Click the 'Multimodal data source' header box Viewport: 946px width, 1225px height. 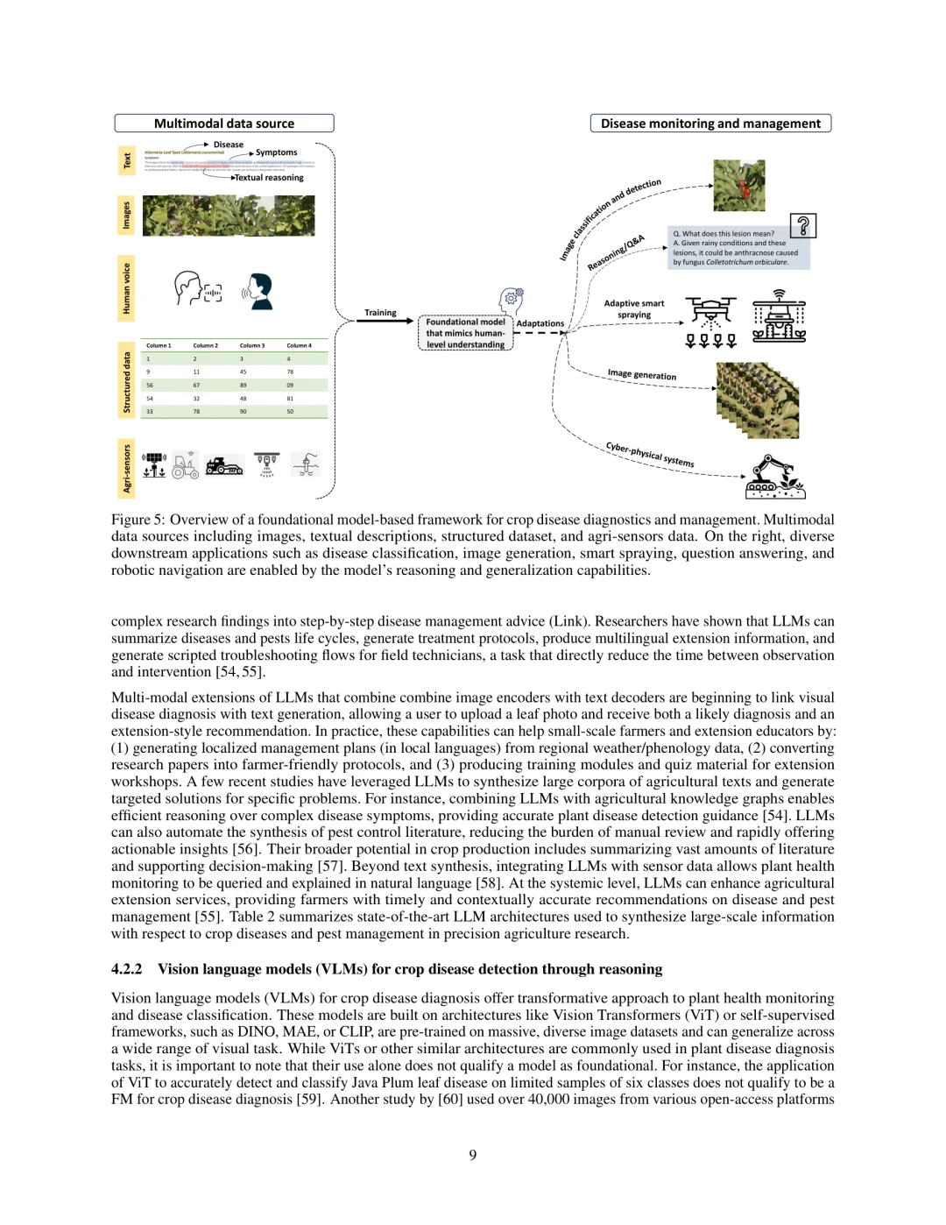pos(224,124)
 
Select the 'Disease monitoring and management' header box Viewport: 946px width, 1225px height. pos(710,124)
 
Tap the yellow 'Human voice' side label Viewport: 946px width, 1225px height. pos(126,288)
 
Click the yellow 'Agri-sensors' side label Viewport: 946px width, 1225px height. pos(126,468)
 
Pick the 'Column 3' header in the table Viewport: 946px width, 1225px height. pos(251,345)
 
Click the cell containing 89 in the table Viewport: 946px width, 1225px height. pos(244,385)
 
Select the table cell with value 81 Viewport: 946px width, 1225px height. pos(290,398)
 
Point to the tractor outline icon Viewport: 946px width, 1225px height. pos(185,466)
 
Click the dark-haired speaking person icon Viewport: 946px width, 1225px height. pos(258,291)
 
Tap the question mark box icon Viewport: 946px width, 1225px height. pos(803,226)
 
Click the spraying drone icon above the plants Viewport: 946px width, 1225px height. pos(710,312)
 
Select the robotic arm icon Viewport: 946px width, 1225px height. pos(774,478)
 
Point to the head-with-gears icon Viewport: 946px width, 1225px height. pos(512,301)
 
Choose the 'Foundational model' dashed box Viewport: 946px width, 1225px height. pos(465,333)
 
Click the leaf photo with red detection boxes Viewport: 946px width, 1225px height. pos(739,185)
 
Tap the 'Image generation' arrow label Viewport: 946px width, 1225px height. pos(642,375)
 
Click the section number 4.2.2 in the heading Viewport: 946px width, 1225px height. pos(127,969)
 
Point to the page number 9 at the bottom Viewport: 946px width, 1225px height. pos(473,1155)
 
